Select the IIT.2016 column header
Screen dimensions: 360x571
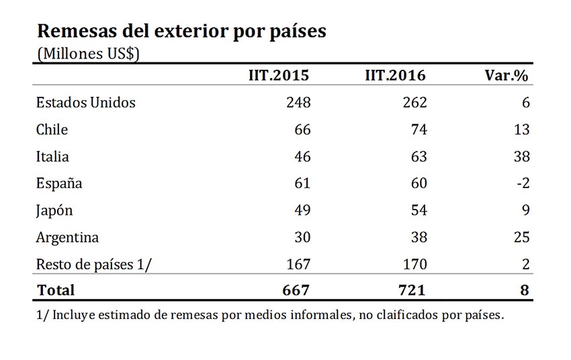tap(395, 75)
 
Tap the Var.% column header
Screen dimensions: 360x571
tap(507, 75)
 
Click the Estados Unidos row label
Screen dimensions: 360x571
tap(85, 103)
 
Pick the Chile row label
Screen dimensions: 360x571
tap(52, 130)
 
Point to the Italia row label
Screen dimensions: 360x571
tap(52, 156)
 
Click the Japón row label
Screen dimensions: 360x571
tap(54, 210)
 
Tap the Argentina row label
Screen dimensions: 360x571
tap(67, 237)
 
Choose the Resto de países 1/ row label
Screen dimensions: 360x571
tap(94, 264)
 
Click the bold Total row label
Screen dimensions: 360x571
tap(56, 290)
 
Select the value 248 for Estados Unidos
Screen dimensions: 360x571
tap(298, 103)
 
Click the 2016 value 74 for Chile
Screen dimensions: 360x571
tap(419, 130)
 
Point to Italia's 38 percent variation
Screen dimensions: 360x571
tap(521, 156)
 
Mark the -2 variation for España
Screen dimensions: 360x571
tap(522, 183)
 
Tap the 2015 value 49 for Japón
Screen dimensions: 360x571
tap(302, 210)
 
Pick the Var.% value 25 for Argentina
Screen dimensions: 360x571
tap(521, 237)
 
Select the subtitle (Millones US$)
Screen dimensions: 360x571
tap(87, 54)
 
